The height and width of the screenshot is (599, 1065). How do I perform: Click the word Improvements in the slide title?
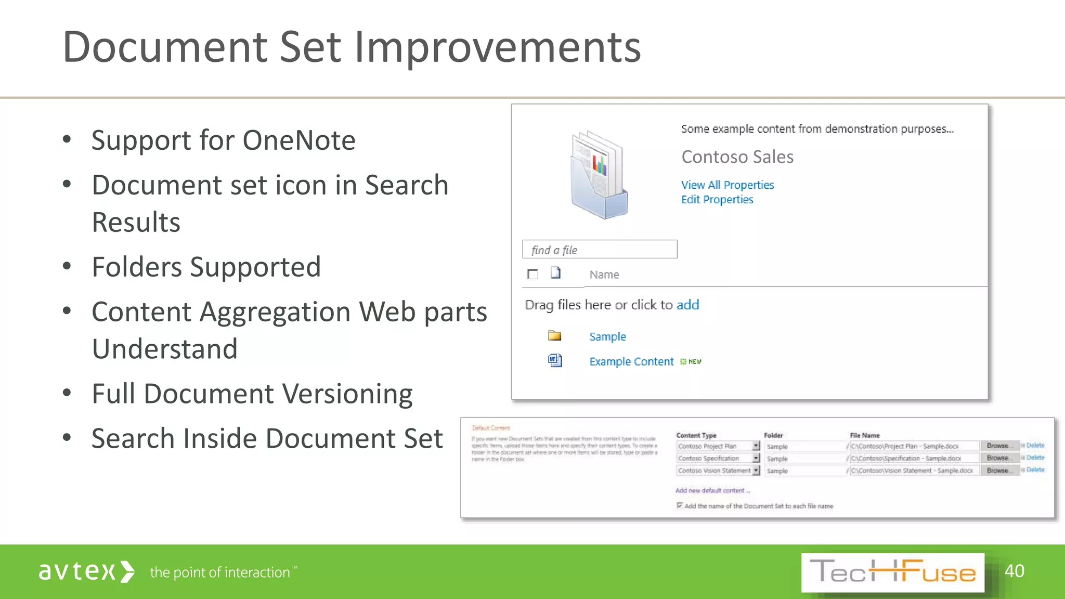click(497, 48)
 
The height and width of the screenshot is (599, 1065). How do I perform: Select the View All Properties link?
click(727, 185)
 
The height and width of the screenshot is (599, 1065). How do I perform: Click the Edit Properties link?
click(717, 200)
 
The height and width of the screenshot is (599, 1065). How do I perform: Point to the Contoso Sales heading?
click(737, 157)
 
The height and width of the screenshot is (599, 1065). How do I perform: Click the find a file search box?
click(599, 250)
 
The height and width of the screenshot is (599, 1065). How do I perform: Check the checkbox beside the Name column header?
click(532, 274)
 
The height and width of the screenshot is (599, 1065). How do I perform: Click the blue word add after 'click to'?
click(687, 305)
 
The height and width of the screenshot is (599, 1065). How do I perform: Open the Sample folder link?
click(607, 336)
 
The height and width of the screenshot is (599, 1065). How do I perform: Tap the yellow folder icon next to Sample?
click(554, 335)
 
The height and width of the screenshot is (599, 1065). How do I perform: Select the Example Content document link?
click(631, 361)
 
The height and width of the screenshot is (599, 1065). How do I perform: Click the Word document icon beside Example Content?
click(555, 360)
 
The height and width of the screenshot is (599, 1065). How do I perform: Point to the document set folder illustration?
click(599, 174)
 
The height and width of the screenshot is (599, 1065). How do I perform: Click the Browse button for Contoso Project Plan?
click(997, 446)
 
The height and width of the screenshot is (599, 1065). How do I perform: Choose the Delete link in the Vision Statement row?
click(1035, 470)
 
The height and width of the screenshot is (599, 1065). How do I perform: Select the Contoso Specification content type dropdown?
click(718, 458)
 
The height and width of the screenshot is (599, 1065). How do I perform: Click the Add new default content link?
click(712, 490)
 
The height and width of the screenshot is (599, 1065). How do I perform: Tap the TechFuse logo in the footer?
click(892, 572)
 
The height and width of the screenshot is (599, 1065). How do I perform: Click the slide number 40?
click(1014, 571)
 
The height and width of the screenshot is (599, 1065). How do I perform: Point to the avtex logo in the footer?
click(86, 571)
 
